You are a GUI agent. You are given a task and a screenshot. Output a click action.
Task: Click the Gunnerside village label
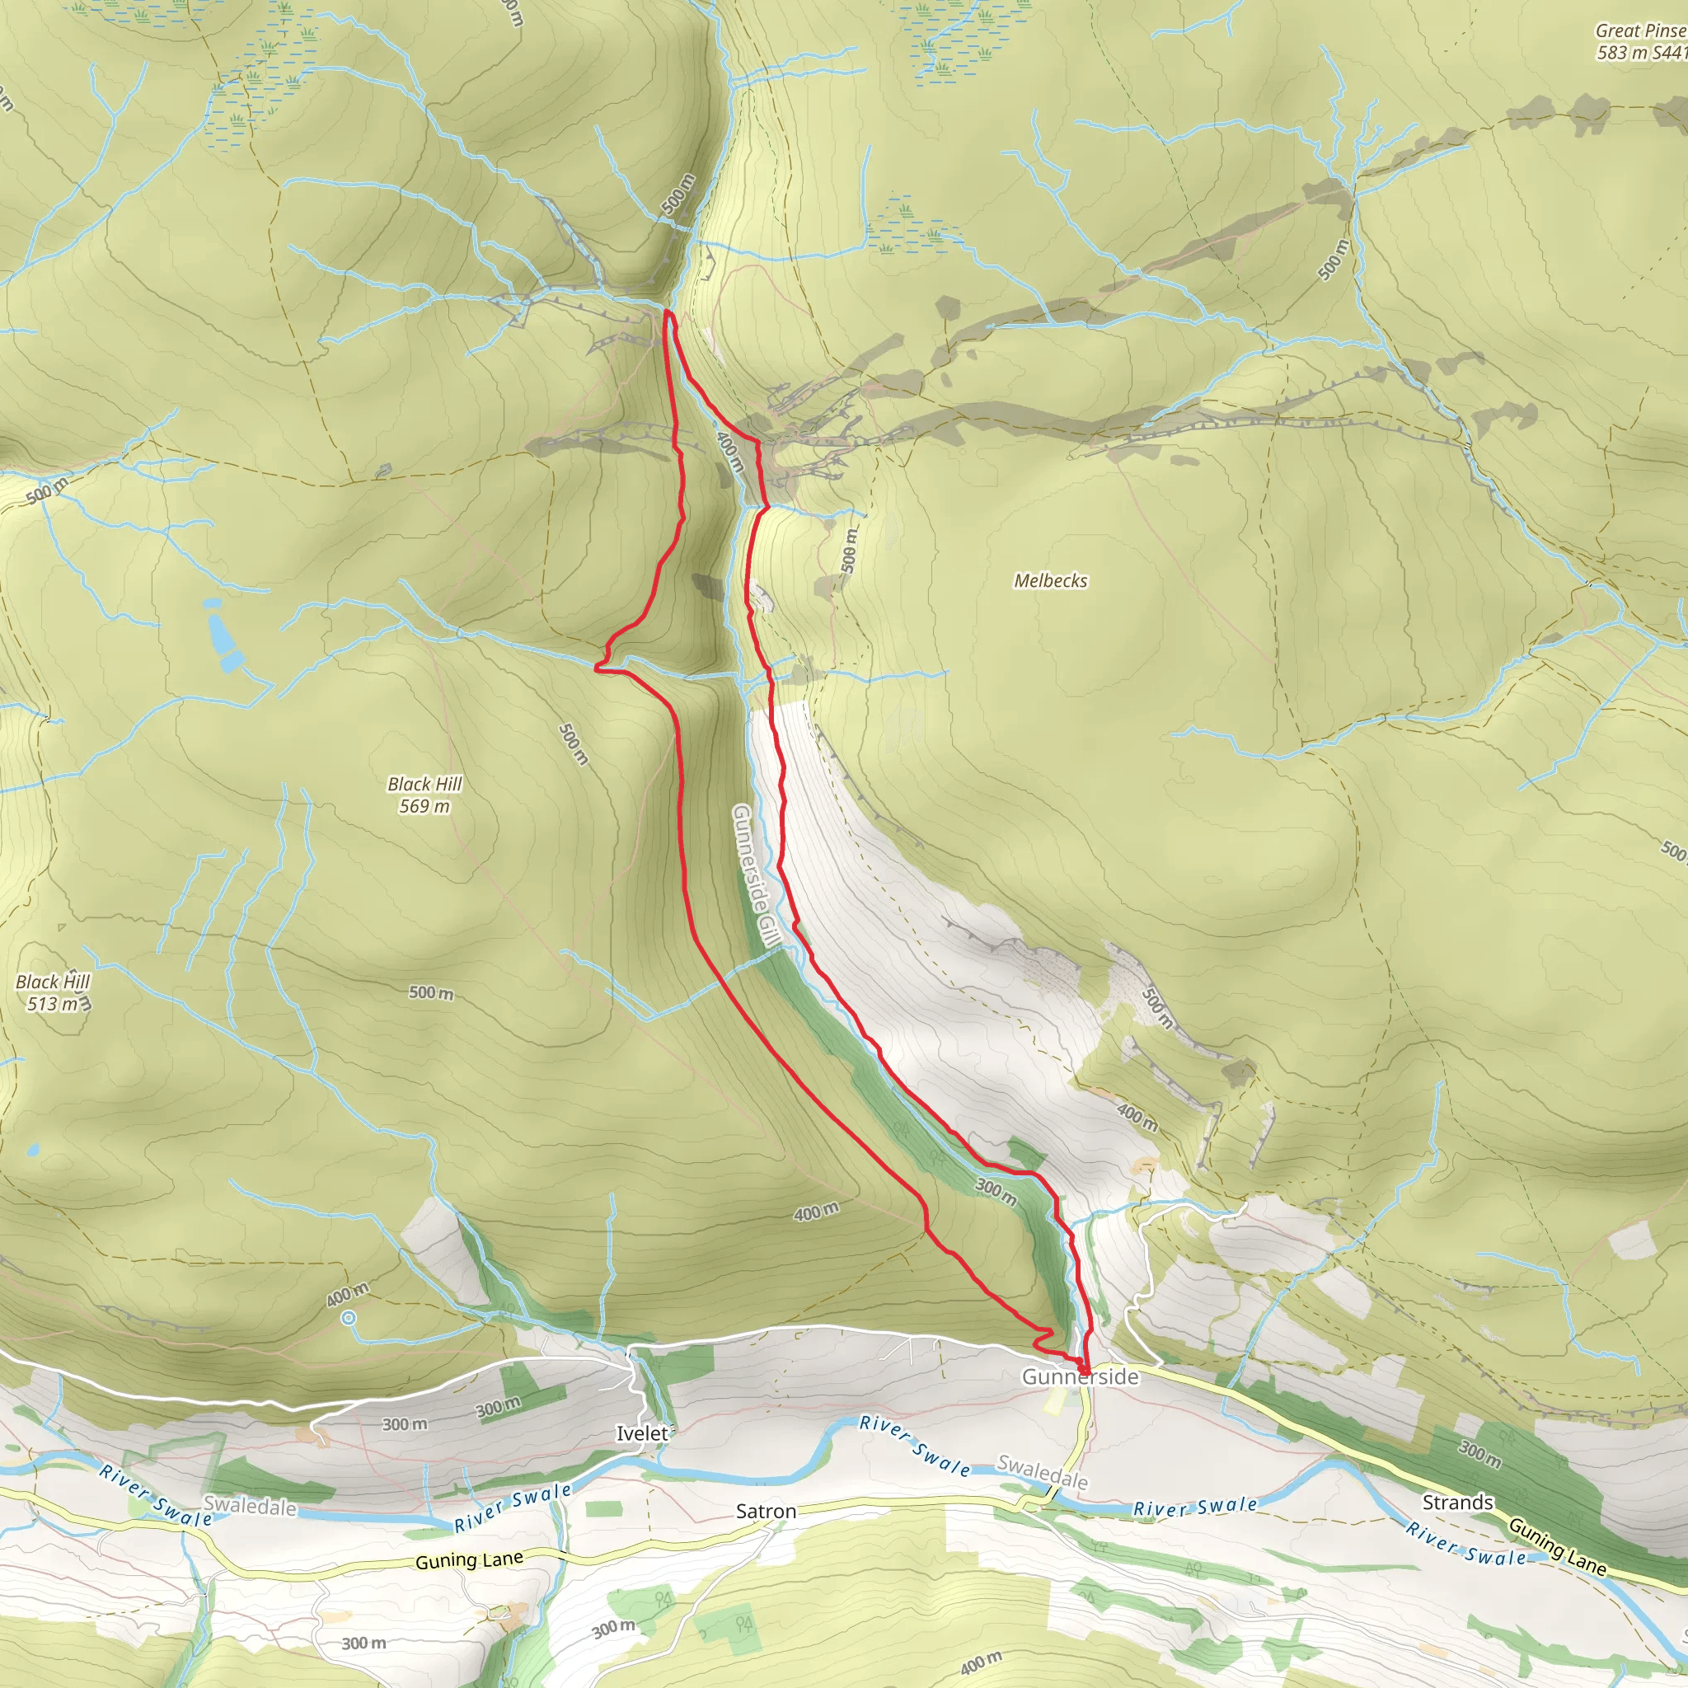[1080, 1377]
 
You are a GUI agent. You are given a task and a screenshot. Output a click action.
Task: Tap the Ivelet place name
[642, 1434]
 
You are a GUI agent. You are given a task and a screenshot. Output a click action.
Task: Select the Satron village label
[766, 1512]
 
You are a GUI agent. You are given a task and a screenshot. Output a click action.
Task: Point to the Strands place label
[1457, 1502]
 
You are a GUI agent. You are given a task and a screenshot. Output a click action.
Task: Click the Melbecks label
[1050, 581]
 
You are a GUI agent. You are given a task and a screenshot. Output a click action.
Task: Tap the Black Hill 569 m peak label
[424, 795]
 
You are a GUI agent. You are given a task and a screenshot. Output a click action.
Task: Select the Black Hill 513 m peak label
[54, 992]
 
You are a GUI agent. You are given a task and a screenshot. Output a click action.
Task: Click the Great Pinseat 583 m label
[1641, 42]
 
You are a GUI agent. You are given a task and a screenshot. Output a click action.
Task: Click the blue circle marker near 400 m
[349, 1318]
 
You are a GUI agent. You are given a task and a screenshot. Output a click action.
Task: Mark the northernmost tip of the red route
[668, 312]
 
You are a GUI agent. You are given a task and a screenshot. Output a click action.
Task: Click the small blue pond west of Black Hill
[220, 634]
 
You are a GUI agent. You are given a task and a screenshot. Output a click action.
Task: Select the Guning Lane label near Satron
[469, 1560]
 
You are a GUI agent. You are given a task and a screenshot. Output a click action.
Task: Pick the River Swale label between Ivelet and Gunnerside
[914, 1445]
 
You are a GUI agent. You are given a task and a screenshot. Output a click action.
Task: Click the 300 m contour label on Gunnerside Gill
[996, 1192]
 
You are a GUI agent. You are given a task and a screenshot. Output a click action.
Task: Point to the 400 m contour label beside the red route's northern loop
[729, 452]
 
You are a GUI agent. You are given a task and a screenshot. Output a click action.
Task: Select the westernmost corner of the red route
[597, 668]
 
